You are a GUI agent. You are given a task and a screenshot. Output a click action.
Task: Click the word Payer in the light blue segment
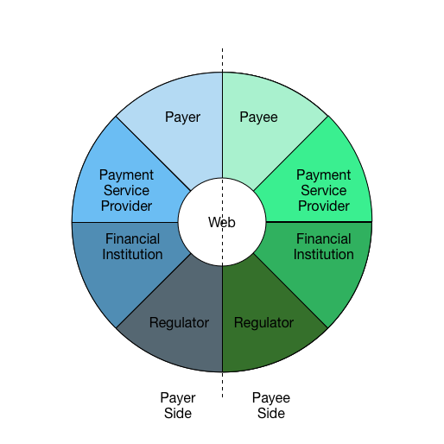[182, 117]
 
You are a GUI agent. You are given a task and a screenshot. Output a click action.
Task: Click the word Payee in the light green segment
[258, 117]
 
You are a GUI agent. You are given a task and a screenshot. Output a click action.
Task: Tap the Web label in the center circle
[222, 222]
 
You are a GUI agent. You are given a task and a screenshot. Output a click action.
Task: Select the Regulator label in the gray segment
[179, 323]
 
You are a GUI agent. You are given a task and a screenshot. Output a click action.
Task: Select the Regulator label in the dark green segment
[263, 323]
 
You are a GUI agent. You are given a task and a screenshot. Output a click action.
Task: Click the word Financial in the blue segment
[132, 238]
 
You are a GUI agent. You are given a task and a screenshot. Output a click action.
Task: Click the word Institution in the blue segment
[132, 254]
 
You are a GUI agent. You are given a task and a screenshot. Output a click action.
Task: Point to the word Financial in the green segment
[324, 238]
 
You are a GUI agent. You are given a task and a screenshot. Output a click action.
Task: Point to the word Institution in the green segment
[324, 254]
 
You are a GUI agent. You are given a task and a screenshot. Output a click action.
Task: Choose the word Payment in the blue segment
[126, 175]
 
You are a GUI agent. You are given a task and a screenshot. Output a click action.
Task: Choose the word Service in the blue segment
[126, 190]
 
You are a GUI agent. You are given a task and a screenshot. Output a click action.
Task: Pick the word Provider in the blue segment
[126, 206]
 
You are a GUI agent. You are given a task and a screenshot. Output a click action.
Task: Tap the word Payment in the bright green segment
[324, 175]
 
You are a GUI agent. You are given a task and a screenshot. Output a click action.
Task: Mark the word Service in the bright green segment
[324, 190]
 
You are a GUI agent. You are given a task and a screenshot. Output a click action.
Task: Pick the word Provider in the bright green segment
[324, 206]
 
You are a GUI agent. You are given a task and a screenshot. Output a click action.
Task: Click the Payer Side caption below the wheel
[178, 405]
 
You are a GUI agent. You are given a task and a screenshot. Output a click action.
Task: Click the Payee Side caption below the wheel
[271, 405]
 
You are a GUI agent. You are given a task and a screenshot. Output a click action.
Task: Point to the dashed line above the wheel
[222, 60]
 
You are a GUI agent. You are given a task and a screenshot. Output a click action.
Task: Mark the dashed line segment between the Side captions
[222, 385]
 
